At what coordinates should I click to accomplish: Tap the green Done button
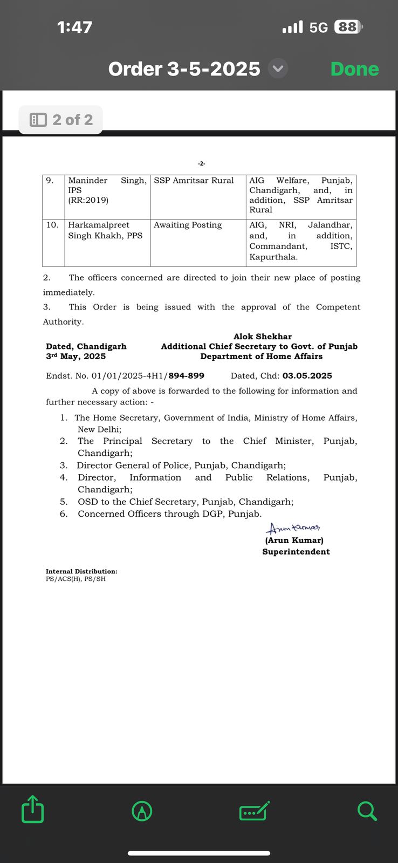coord(354,69)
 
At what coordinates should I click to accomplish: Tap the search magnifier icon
coord(367,811)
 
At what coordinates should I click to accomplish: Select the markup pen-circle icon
coord(142,811)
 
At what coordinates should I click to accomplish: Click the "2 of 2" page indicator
coord(61,120)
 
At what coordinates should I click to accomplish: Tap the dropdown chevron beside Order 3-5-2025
coord(278,69)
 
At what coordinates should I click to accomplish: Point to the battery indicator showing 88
coord(348,27)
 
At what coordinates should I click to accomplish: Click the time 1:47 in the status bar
coord(74,27)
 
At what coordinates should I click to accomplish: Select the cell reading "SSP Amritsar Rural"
coord(194,181)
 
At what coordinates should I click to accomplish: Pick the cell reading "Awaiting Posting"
coord(188,225)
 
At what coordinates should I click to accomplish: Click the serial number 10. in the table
coord(52,225)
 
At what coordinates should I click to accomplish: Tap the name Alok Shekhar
coord(262,337)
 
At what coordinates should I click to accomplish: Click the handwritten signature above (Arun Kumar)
coord(293,528)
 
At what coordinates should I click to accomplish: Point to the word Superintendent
coord(296,552)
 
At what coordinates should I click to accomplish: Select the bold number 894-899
coord(186,376)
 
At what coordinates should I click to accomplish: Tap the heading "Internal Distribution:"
coord(81,571)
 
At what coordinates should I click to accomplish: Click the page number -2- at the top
coord(201,163)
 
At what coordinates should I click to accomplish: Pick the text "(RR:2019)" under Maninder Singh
coord(88,200)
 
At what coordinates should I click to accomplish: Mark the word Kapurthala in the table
coord(273,257)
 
